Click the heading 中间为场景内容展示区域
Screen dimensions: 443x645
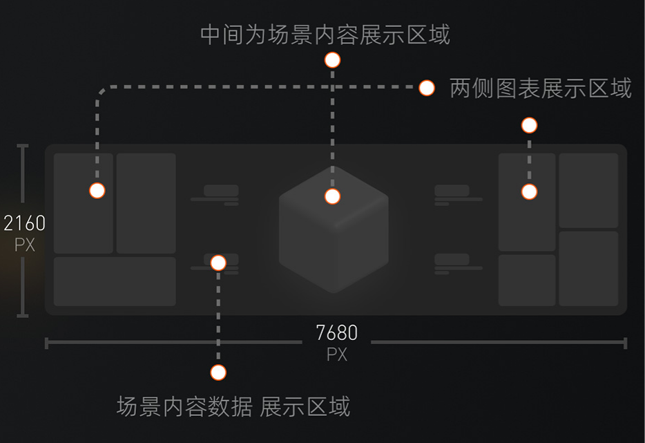click(x=325, y=34)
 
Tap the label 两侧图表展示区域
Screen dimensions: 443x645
click(x=540, y=88)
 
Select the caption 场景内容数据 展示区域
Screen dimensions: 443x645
click(x=233, y=406)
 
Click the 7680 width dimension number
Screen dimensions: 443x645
click(x=337, y=333)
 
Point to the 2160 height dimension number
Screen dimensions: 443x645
click(x=24, y=223)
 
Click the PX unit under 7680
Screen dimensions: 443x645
click(x=337, y=355)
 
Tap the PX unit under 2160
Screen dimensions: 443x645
click(x=24, y=245)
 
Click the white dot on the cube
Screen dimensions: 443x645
click(x=332, y=196)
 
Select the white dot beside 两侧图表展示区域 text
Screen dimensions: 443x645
click(x=427, y=88)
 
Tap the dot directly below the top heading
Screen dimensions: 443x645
click(x=332, y=60)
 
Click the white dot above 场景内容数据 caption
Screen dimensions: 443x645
click(x=218, y=373)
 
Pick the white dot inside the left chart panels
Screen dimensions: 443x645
click(x=97, y=191)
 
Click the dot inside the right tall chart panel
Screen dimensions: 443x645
click(x=529, y=191)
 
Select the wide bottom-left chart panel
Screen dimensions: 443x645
click(x=115, y=281)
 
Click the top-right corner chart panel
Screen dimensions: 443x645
click(x=588, y=190)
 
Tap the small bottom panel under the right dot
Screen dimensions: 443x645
click(x=527, y=280)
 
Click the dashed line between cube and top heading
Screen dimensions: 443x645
click(x=332, y=124)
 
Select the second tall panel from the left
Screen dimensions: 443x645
click(x=146, y=203)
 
